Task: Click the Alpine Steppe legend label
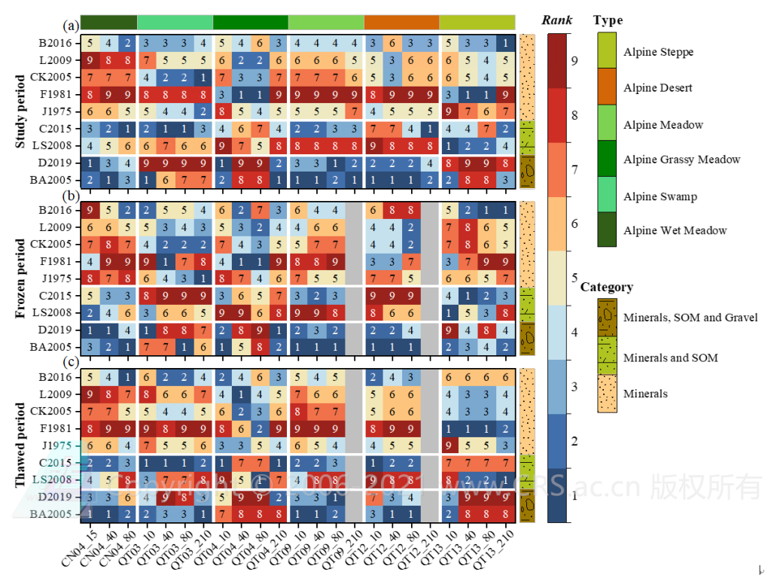click(658, 52)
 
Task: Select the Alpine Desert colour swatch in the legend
click(606, 88)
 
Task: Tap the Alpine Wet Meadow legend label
click(675, 230)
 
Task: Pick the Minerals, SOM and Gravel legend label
click(690, 318)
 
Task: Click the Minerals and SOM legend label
click(670, 357)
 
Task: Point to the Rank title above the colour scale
click(557, 20)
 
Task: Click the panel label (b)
click(72, 195)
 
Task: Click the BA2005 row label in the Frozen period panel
click(55, 347)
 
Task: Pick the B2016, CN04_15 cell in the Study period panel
click(90, 42)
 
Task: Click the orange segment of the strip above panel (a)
click(401, 22)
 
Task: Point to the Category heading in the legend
click(607, 287)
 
